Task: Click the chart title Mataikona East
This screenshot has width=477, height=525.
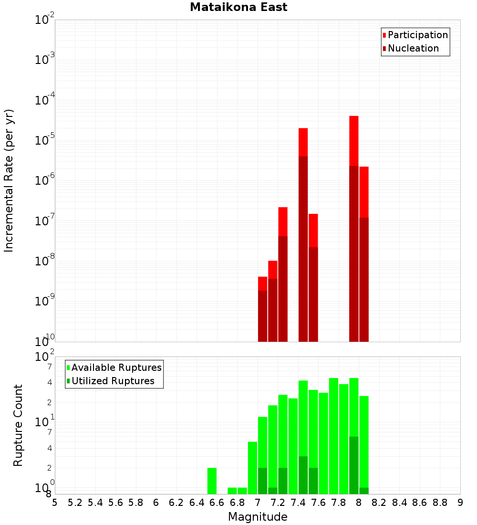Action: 238,8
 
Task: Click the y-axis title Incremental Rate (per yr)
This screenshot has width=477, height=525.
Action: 9,181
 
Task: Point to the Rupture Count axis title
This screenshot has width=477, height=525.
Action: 18,425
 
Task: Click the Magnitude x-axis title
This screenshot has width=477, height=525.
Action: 258,517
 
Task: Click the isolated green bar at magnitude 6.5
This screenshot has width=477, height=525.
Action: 212,481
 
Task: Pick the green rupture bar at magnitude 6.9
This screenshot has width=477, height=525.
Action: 252,468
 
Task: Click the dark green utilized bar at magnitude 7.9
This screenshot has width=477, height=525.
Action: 353,465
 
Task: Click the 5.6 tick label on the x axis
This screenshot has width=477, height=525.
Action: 115,503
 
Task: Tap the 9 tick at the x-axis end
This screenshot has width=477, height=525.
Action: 460,503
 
